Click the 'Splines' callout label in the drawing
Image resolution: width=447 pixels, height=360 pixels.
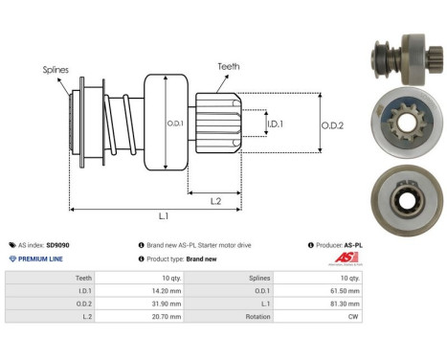pos(56,70)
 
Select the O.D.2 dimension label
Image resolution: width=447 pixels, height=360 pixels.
pos(333,124)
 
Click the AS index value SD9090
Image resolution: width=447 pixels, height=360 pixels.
pos(58,245)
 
